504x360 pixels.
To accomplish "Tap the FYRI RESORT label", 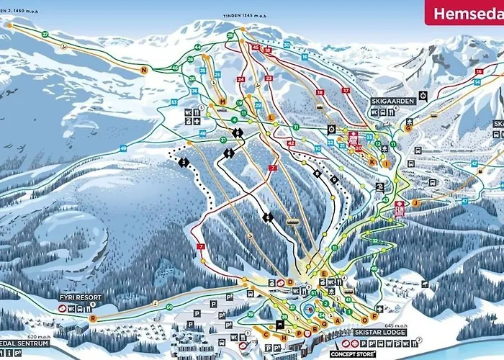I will (x=81, y=297).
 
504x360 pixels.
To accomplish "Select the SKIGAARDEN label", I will (x=393, y=102).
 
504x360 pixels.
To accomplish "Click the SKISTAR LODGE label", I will (x=380, y=333).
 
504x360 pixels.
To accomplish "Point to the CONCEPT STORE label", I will (x=353, y=354).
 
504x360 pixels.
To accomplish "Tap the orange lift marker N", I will (x=144, y=70).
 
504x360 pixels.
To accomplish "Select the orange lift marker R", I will (x=92, y=318).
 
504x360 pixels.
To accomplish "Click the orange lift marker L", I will (x=271, y=117).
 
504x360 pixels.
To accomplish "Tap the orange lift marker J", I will (x=415, y=203).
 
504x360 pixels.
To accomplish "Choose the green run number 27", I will (x=45, y=34).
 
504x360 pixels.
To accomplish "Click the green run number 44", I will (x=197, y=48).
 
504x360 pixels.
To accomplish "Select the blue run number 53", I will (x=174, y=102).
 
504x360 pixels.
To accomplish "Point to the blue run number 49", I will (x=124, y=148).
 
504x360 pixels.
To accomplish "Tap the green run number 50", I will (x=168, y=307).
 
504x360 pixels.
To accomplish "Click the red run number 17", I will (x=345, y=90).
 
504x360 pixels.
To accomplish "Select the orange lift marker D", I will (x=289, y=282).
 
